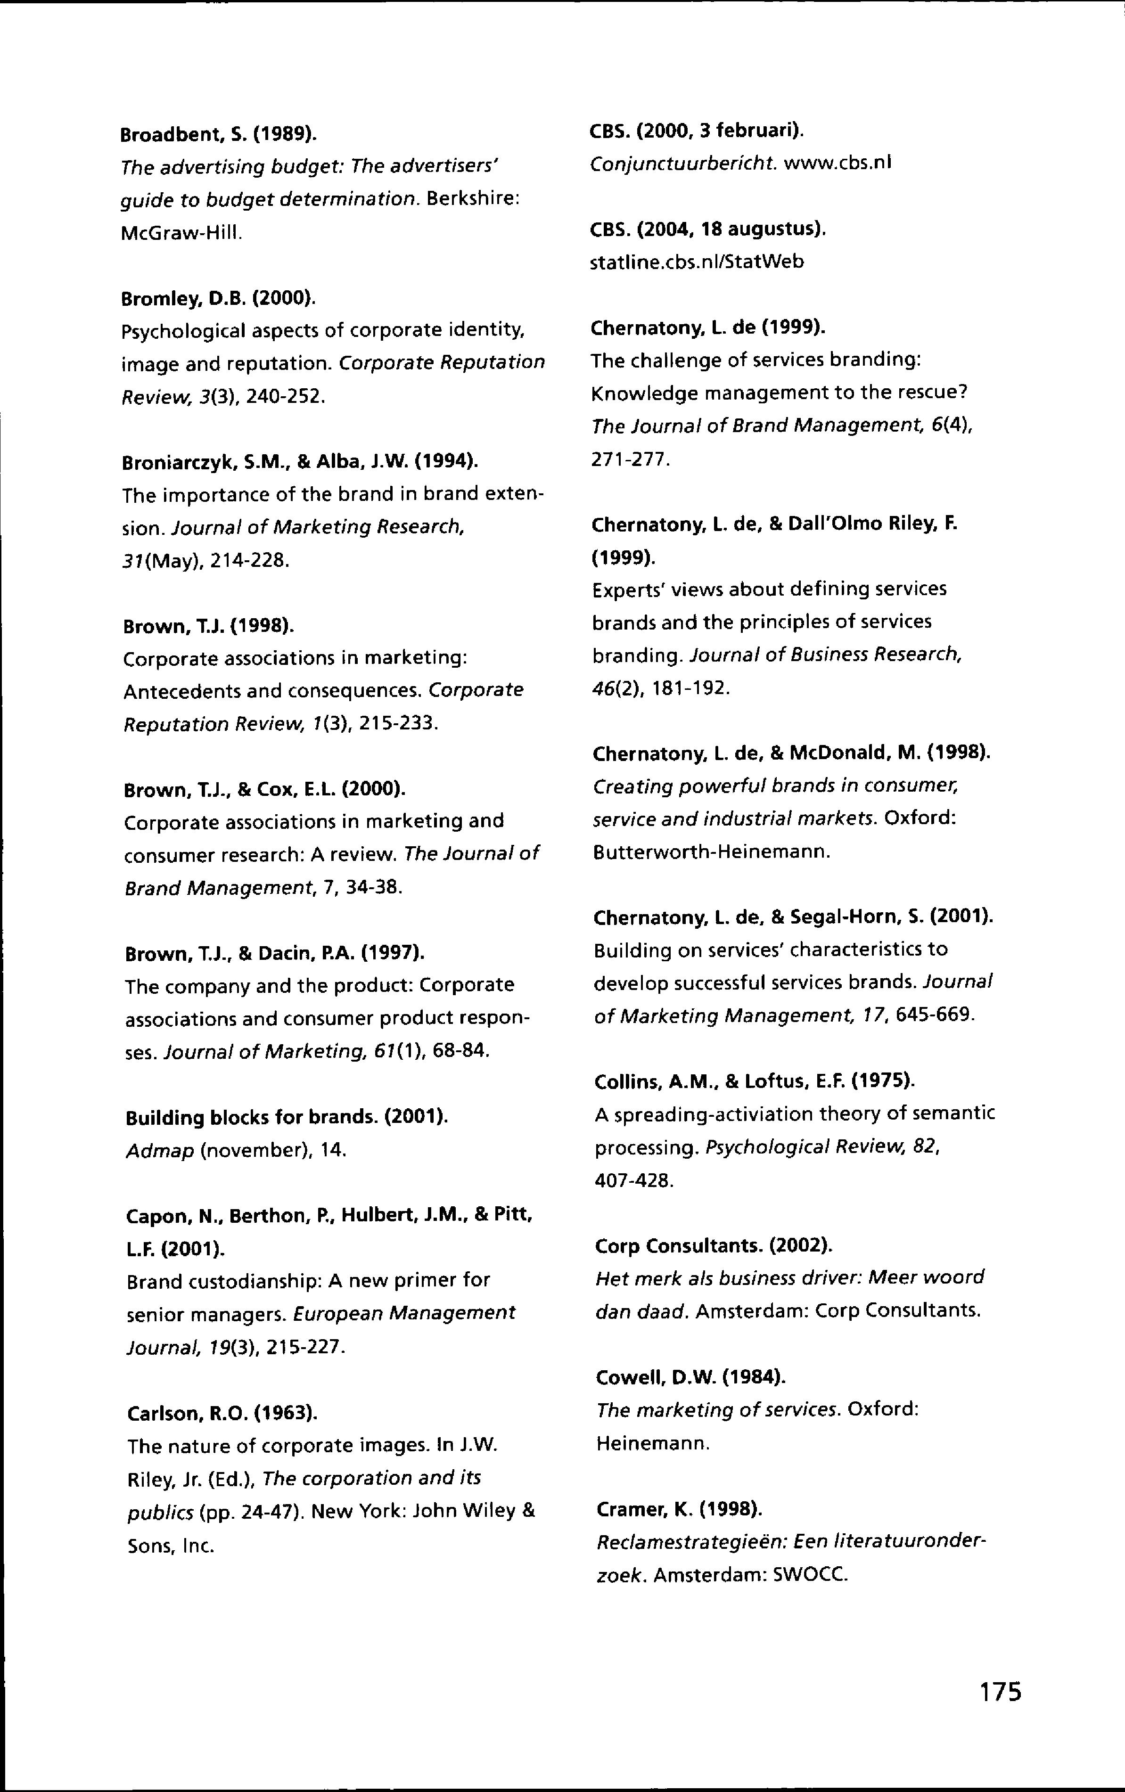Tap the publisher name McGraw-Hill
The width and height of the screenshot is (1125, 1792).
point(181,233)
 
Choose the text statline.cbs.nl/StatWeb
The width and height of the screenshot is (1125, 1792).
point(697,262)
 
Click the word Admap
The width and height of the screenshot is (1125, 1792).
point(160,1151)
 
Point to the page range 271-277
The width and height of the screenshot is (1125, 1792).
point(630,460)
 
